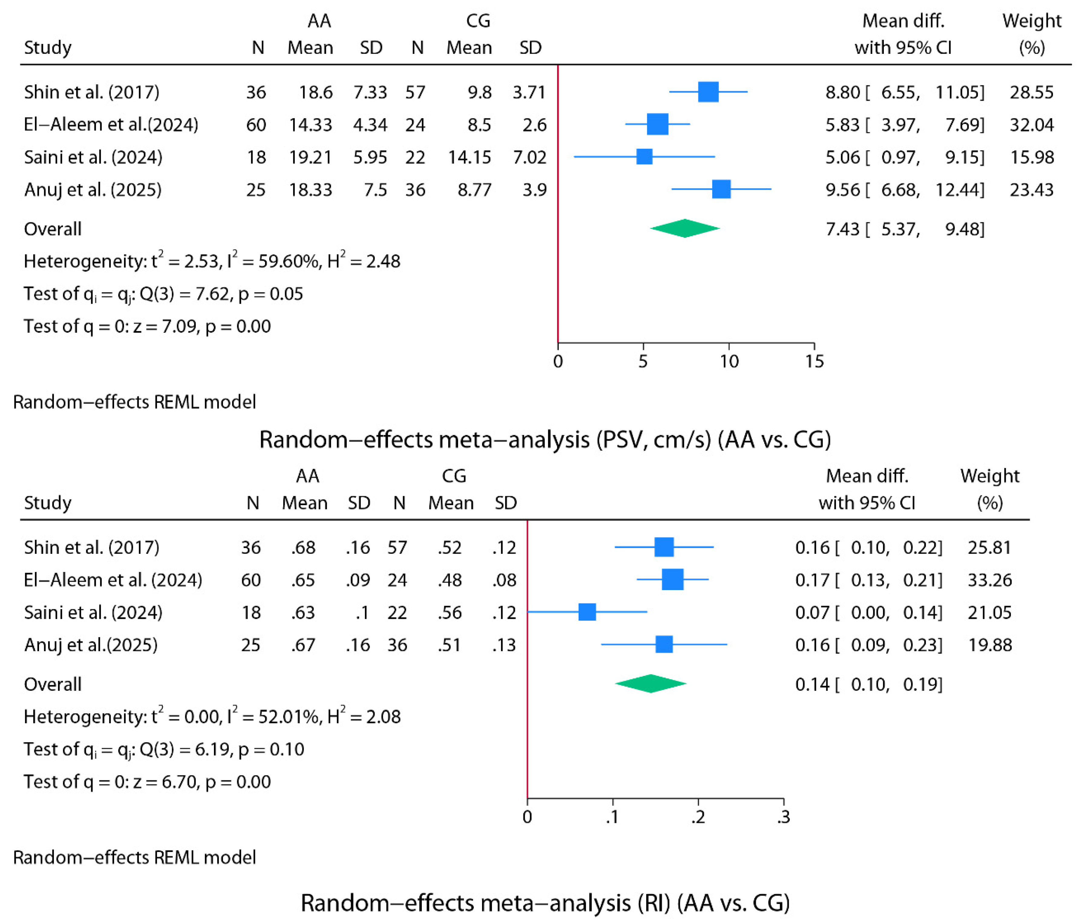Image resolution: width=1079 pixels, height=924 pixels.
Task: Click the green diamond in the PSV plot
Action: point(685,229)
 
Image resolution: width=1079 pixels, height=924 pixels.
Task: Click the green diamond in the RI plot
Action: point(651,684)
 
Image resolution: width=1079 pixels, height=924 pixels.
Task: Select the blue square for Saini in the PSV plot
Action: point(644,157)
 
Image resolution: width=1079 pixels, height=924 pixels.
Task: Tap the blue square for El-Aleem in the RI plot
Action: point(672,580)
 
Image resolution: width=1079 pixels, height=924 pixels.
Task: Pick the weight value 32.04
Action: point(1031,125)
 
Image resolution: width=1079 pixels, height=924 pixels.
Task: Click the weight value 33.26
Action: point(989,580)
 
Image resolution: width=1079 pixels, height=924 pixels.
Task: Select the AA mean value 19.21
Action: point(310,157)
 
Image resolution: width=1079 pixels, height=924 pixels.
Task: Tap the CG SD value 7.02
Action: point(530,157)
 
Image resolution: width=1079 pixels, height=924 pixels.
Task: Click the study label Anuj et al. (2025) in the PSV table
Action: point(93,189)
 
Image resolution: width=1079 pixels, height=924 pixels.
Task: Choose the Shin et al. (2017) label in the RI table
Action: point(92,548)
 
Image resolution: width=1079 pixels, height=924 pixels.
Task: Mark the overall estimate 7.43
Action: point(842,229)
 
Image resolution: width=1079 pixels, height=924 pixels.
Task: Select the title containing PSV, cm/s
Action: point(545,439)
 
